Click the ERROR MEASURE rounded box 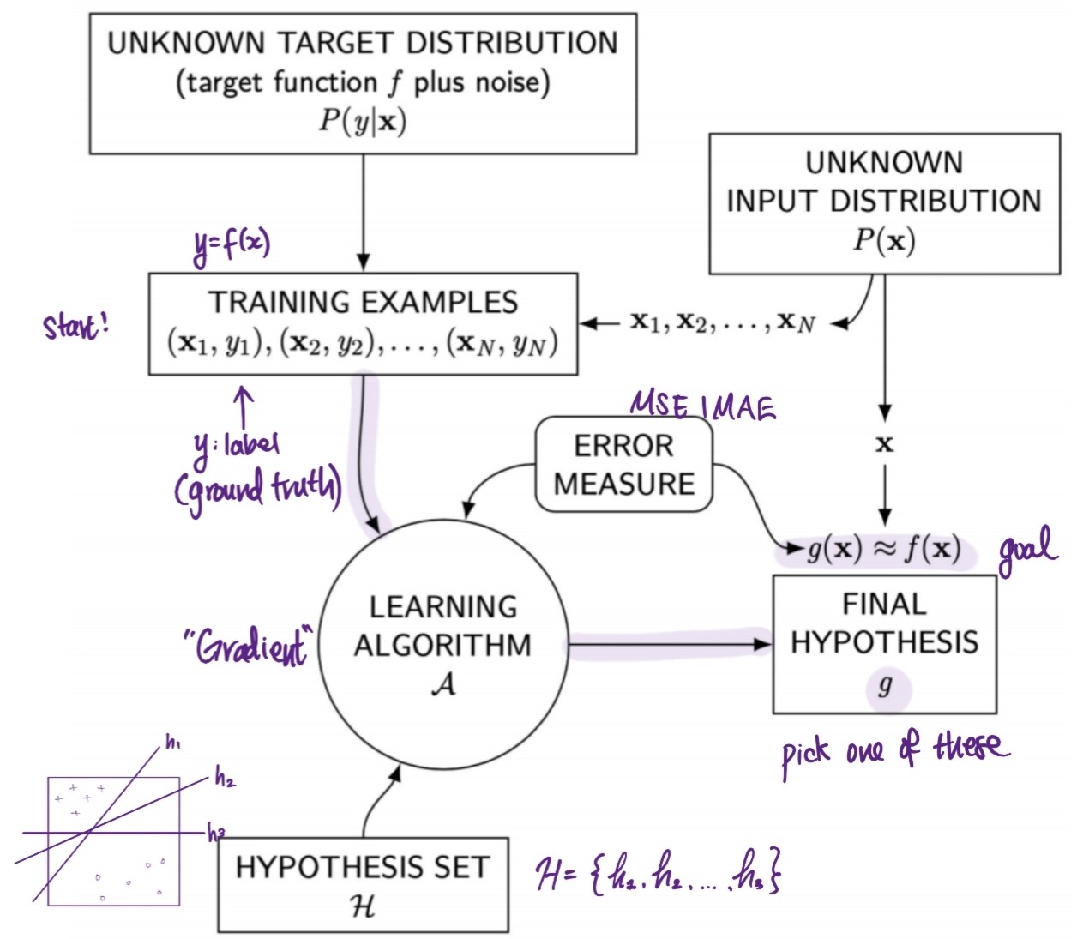pos(623,465)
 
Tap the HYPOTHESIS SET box pos(363,884)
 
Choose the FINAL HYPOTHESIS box pos(884,643)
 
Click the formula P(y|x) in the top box pos(363,120)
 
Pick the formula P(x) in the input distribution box pos(884,240)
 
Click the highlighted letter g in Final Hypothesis pos(885,685)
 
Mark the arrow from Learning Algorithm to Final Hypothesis pos(669,643)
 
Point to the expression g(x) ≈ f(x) pos(884,549)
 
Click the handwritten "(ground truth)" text pos(257,489)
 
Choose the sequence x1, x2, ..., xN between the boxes pos(722,322)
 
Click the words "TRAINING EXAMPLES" pos(363,302)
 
